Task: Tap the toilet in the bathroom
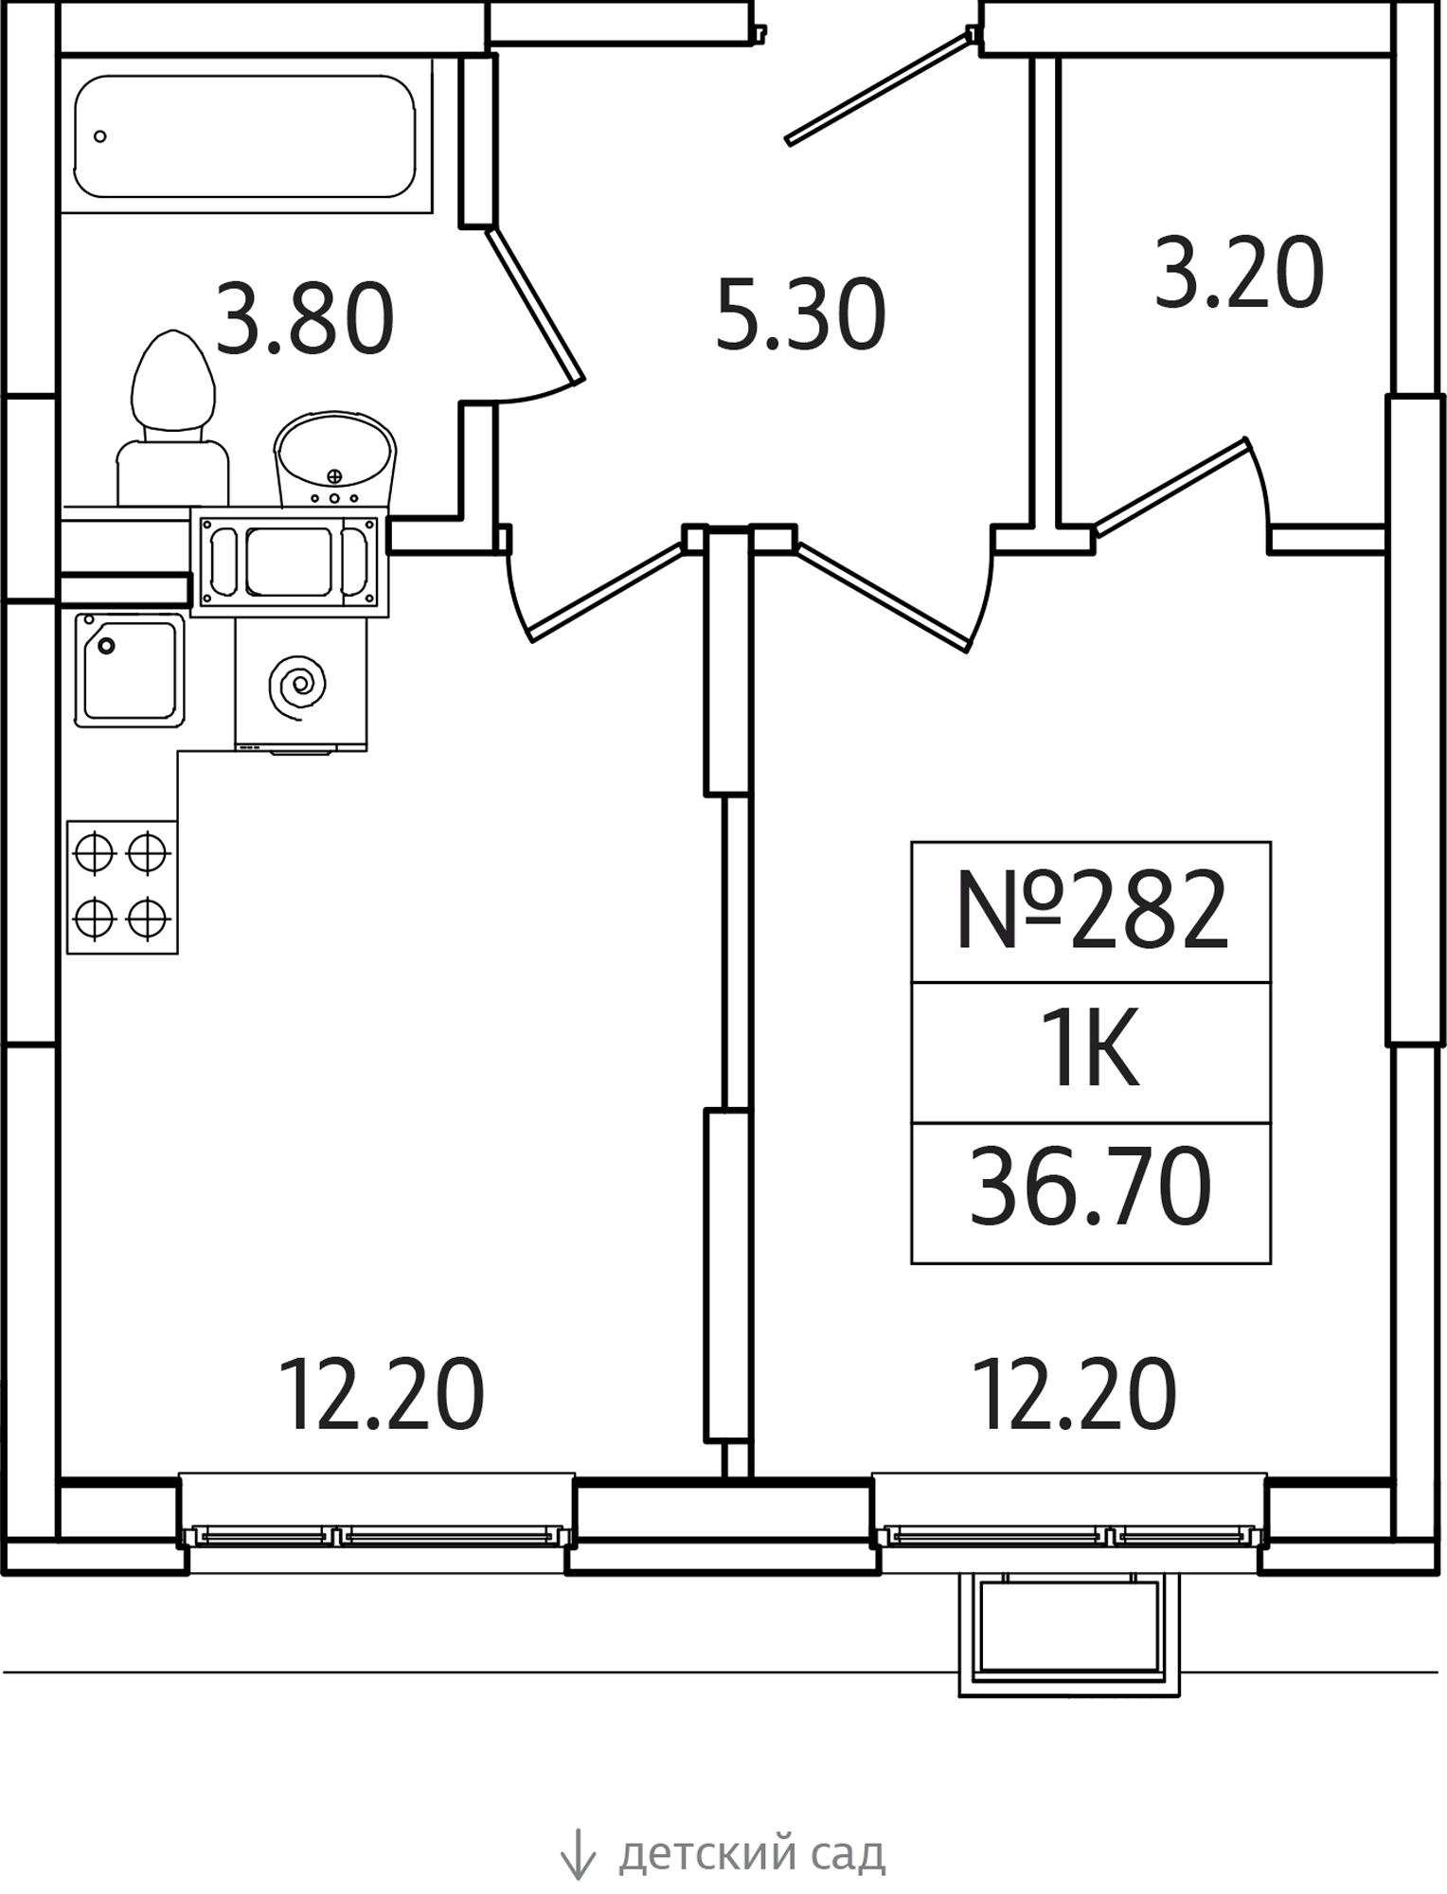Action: (172, 418)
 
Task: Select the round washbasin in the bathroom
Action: (334, 459)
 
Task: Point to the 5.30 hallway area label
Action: (800, 314)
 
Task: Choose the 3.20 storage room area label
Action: (1239, 273)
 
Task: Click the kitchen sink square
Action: (130, 670)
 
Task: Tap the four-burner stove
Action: (122, 886)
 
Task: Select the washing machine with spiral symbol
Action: (301, 684)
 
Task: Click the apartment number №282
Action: (1092, 911)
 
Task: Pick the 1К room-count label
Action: (1090, 1051)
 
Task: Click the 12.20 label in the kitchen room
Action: (382, 1394)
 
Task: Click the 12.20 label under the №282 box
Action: (1075, 1394)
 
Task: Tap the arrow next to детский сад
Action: (578, 1853)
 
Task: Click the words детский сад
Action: (752, 1854)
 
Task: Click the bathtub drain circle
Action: (100, 136)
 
